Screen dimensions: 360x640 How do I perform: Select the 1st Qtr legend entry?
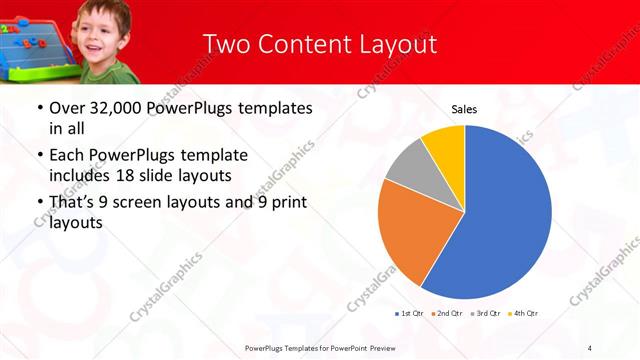409,314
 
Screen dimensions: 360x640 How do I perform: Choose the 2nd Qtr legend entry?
446,314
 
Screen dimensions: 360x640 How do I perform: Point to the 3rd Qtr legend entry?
485,314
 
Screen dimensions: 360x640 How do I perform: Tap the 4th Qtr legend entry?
523,314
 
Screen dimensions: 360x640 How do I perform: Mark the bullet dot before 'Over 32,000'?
38,109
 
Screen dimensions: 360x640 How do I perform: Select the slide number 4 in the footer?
589,348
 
